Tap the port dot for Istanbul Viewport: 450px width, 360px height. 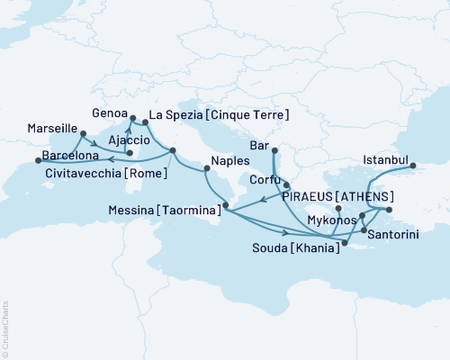point(413,166)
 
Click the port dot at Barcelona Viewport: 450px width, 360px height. point(38,160)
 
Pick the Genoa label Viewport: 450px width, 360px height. point(109,114)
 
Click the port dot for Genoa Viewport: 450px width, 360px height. point(132,118)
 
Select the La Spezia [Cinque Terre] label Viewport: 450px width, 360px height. point(219,115)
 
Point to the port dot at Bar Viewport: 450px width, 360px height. point(274,151)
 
